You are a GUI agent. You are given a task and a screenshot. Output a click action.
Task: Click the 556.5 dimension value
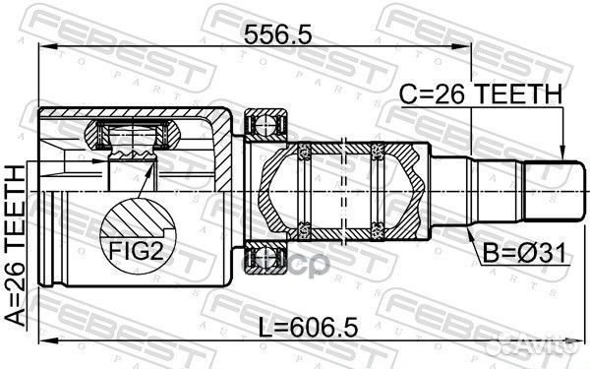[x=277, y=35]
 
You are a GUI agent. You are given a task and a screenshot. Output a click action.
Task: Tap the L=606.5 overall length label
[x=309, y=328]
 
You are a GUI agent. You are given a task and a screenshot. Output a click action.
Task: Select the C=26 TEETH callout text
[x=481, y=94]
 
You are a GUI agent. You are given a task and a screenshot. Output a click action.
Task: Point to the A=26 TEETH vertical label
[x=15, y=245]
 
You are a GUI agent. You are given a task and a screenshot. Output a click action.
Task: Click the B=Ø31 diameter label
[x=524, y=254]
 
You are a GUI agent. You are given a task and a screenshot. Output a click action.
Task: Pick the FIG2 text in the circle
[x=137, y=250]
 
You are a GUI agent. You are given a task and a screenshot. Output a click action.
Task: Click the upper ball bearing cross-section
[x=266, y=125]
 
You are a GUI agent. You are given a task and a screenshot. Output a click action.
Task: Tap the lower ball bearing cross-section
[x=266, y=258]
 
